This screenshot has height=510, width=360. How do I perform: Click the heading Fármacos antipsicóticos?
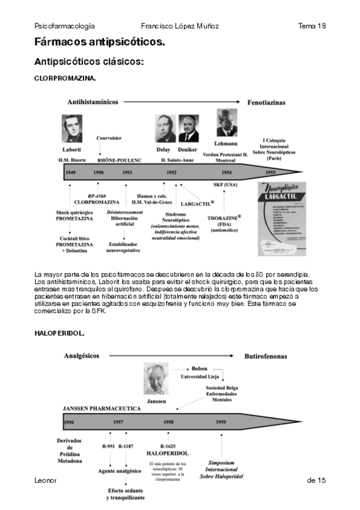point(100,42)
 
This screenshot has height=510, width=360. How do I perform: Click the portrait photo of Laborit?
point(72,128)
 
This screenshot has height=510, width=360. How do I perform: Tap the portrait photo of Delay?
point(164,128)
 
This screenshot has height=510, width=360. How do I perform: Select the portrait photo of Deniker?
point(188,128)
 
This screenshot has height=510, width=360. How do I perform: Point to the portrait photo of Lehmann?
point(226,123)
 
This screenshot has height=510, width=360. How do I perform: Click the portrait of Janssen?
point(156,379)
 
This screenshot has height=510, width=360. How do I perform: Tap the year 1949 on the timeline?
point(70,173)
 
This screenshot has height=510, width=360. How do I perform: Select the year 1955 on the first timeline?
point(270,173)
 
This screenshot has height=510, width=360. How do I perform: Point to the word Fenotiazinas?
point(266,102)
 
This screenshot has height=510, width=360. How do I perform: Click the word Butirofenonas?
point(265,356)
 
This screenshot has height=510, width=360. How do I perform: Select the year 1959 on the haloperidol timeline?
point(221,422)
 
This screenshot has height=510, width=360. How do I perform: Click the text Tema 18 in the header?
point(311,26)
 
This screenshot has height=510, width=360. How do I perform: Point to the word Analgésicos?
point(82,356)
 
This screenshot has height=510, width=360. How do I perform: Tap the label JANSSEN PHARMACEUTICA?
point(102,408)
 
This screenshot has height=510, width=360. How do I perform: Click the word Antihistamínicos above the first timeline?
point(93,102)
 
